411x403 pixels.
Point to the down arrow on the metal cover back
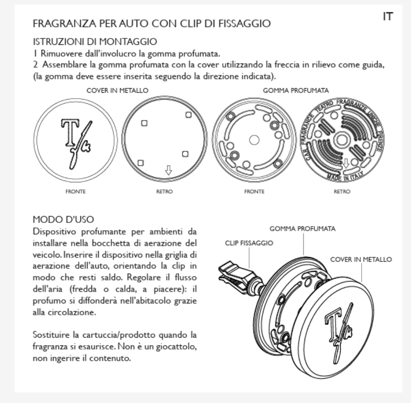point(169,170)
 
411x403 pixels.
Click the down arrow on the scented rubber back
point(346,163)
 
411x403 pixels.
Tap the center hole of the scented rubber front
point(254,139)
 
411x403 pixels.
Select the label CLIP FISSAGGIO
point(249,244)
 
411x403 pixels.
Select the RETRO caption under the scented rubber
point(342,192)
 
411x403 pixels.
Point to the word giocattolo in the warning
point(175,348)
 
